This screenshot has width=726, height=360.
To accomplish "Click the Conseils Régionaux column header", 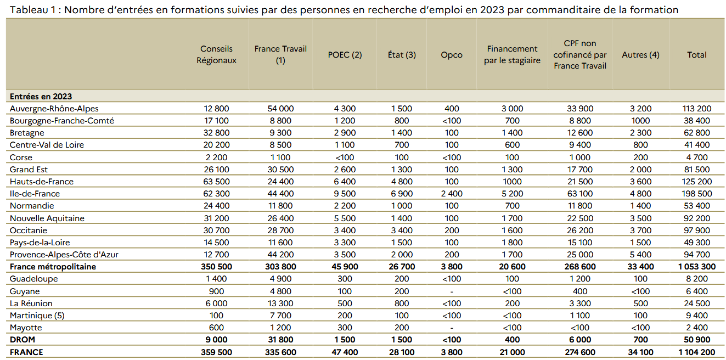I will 216,54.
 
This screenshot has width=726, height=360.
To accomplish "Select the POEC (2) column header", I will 345,55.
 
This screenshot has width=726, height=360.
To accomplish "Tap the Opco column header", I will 451,55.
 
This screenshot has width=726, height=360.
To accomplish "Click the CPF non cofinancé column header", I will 579,54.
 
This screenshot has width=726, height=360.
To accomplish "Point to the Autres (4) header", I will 640,55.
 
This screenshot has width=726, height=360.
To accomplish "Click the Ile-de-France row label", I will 35,194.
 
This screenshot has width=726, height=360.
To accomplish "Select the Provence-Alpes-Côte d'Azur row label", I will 64,255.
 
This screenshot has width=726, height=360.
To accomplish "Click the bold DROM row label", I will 22,340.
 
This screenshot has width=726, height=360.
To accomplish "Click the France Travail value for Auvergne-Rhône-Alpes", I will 280,109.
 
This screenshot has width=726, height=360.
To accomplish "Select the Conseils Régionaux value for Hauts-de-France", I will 216,182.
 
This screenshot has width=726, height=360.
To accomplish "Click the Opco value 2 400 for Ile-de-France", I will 451,194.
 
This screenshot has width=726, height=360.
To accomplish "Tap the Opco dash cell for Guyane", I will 451,291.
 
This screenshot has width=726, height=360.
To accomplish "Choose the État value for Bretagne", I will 402,133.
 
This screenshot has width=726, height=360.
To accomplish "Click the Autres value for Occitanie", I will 640,230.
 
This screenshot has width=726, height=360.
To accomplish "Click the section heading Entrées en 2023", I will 41,97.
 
